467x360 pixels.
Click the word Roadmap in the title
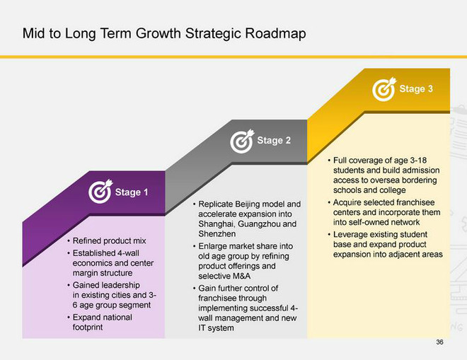click(275, 33)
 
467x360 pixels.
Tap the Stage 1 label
click(132, 192)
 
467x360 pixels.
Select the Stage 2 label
click(274, 140)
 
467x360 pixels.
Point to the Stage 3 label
click(416, 88)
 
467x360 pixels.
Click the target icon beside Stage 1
click(100, 192)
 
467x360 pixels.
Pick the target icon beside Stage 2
click(242, 141)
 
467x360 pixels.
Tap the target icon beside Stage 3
click(384, 89)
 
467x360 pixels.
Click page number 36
click(439, 342)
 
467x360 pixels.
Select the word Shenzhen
click(217, 234)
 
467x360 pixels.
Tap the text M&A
click(241, 276)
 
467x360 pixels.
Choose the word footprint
click(88, 327)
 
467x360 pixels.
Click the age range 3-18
click(418, 161)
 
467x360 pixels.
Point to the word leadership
click(122, 285)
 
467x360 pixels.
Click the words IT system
click(216, 328)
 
